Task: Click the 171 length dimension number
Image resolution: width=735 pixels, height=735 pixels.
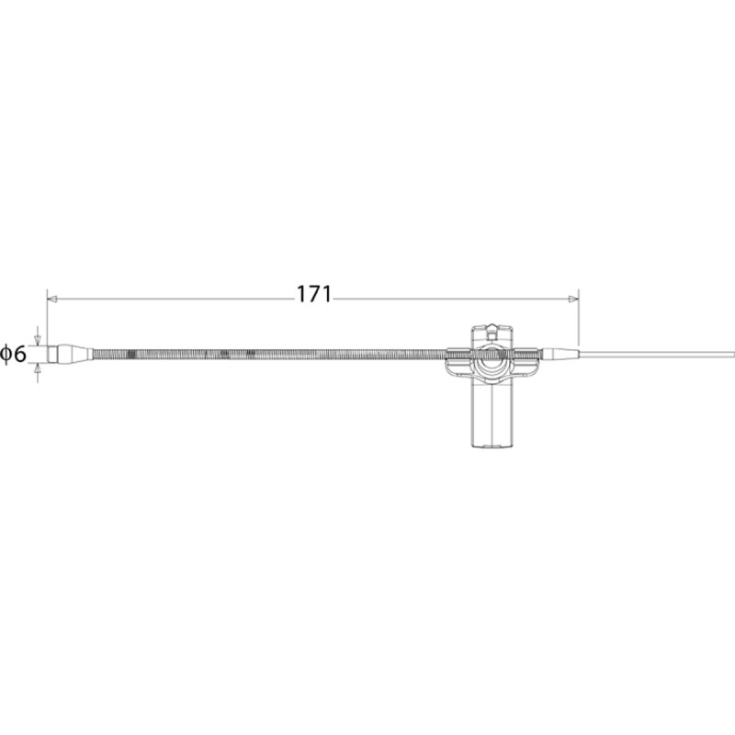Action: tap(314, 294)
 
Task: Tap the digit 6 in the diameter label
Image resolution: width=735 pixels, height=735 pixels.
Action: tap(19, 354)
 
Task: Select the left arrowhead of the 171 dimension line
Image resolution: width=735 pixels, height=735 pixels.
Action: tap(52, 300)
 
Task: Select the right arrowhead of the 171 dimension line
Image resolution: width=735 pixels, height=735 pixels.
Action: tap(572, 300)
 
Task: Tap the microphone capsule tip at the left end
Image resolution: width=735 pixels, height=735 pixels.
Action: tap(52, 354)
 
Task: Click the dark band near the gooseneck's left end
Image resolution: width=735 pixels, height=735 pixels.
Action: tap(131, 354)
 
